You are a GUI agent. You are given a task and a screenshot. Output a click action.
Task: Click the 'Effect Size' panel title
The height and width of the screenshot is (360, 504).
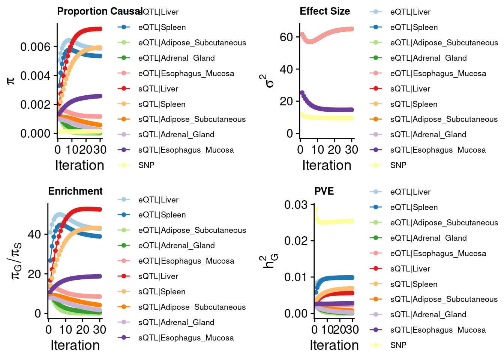pyautogui.click(x=325, y=11)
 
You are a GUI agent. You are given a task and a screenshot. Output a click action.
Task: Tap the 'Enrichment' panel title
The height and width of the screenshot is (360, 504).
pyautogui.click(x=75, y=191)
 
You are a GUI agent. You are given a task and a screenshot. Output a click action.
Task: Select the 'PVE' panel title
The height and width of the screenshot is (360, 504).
pyautogui.click(x=324, y=191)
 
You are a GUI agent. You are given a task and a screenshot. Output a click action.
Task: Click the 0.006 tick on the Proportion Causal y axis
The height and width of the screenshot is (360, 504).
pyautogui.click(x=35, y=47)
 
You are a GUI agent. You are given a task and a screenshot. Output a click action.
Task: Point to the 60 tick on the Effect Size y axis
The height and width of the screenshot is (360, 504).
pyautogui.click(x=286, y=37)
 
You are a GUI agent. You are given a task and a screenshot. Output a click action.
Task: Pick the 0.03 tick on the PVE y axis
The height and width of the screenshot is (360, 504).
pyautogui.click(x=295, y=205)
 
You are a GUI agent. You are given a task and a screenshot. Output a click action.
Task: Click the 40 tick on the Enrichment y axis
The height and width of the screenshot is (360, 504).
pyautogui.click(x=34, y=234)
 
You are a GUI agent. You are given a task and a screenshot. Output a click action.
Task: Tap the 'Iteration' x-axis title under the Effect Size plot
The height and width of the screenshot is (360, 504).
pyautogui.click(x=327, y=165)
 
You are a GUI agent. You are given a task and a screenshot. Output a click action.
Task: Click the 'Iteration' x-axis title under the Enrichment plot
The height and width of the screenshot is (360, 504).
pyautogui.click(x=75, y=345)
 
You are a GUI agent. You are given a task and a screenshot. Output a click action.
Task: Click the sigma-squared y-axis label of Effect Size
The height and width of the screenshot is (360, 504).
pyautogui.click(x=268, y=80)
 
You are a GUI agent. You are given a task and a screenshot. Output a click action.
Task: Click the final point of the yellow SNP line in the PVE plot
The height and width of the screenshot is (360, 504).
pyautogui.click(x=352, y=221)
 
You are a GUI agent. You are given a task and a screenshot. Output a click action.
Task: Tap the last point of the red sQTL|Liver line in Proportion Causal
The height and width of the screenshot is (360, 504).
pyautogui.click(x=100, y=29)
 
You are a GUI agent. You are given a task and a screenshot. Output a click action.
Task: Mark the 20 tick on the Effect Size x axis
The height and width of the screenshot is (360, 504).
pyautogui.click(x=334, y=150)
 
